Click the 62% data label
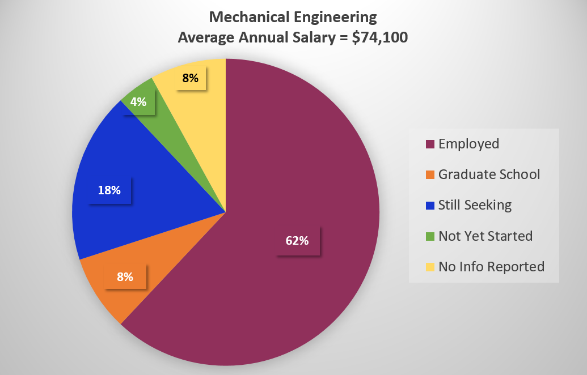click(297, 240)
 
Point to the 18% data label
click(109, 190)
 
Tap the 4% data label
click(138, 102)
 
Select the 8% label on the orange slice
click(125, 277)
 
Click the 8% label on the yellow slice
click(190, 78)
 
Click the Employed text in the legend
click(468, 144)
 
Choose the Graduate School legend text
click(489, 174)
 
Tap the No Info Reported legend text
click(491, 266)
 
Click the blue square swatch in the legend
click(429, 206)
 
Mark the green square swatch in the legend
click(429, 236)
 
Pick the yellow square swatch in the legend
click(429, 267)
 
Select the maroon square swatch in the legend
click(429, 144)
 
